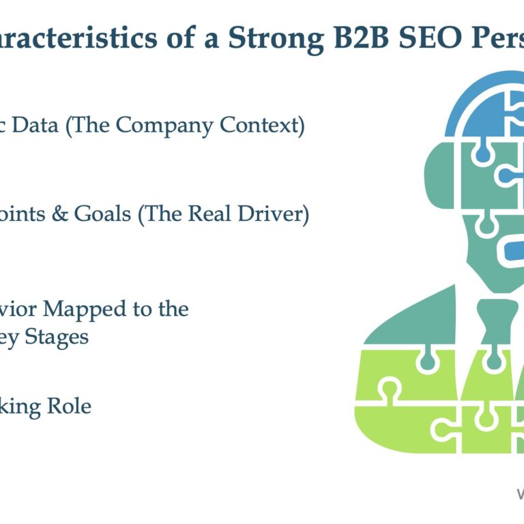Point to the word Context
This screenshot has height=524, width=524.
tap(260, 126)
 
